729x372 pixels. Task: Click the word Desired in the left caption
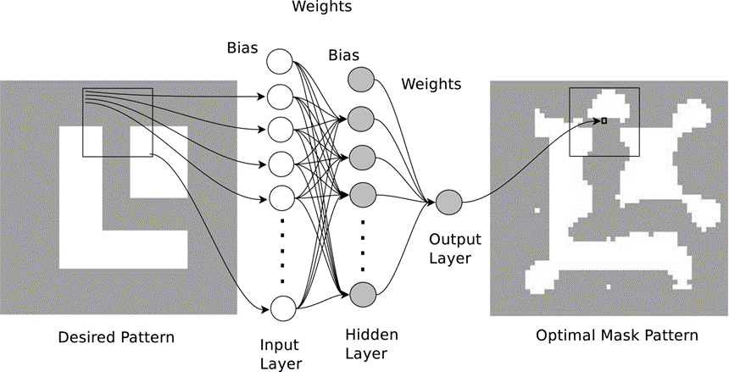(85, 338)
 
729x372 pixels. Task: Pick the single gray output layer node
(448, 203)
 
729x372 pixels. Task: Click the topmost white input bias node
(280, 62)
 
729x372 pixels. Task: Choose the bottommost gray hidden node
(362, 293)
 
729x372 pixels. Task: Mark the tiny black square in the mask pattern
(604, 121)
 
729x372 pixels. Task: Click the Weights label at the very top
(322, 8)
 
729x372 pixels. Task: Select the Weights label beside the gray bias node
(431, 84)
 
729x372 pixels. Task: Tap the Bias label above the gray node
(344, 55)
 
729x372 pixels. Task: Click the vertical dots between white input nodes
(281, 253)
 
